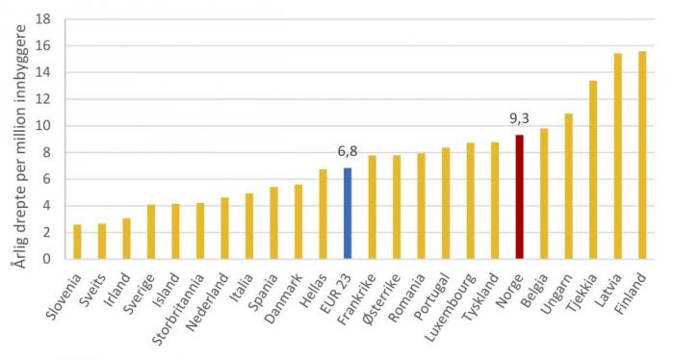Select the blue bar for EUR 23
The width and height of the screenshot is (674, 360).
(x=348, y=213)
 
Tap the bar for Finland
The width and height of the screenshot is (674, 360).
(x=642, y=155)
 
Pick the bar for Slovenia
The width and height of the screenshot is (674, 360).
(x=77, y=242)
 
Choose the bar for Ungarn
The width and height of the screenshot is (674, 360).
(x=569, y=186)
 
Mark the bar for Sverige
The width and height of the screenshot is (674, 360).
(x=151, y=231)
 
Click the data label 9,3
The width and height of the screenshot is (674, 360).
(x=520, y=119)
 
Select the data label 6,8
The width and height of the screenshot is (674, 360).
(x=348, y=152)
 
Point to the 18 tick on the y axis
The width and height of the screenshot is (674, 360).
(x=43, y=19)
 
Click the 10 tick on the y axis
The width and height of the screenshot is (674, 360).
(x=43, y=126)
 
